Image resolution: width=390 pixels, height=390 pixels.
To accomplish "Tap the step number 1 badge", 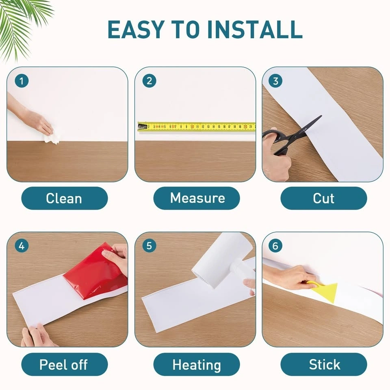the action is tap(22, 81).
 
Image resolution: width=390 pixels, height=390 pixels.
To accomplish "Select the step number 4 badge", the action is tap(22, 246).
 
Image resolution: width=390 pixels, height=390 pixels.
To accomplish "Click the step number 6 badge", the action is tap(275, 246).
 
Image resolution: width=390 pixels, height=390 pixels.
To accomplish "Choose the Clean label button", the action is tap(65, 198).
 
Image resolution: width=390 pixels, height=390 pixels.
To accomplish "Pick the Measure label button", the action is tap(197, 198).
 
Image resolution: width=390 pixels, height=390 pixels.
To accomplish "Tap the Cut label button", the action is tap(324, 198).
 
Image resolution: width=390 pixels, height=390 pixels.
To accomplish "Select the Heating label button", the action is tap(197, 364).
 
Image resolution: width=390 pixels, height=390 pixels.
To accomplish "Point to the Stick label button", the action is tap(324, 364).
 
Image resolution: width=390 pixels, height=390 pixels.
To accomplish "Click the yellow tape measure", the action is tap(197, 127).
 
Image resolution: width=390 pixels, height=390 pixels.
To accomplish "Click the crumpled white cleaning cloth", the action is tap(52, 139).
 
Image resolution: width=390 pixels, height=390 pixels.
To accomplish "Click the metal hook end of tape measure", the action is tap(142, 127).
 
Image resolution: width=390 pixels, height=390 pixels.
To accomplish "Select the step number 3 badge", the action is tap(275, 81).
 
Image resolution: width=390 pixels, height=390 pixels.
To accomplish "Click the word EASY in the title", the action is tap(136, 29).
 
